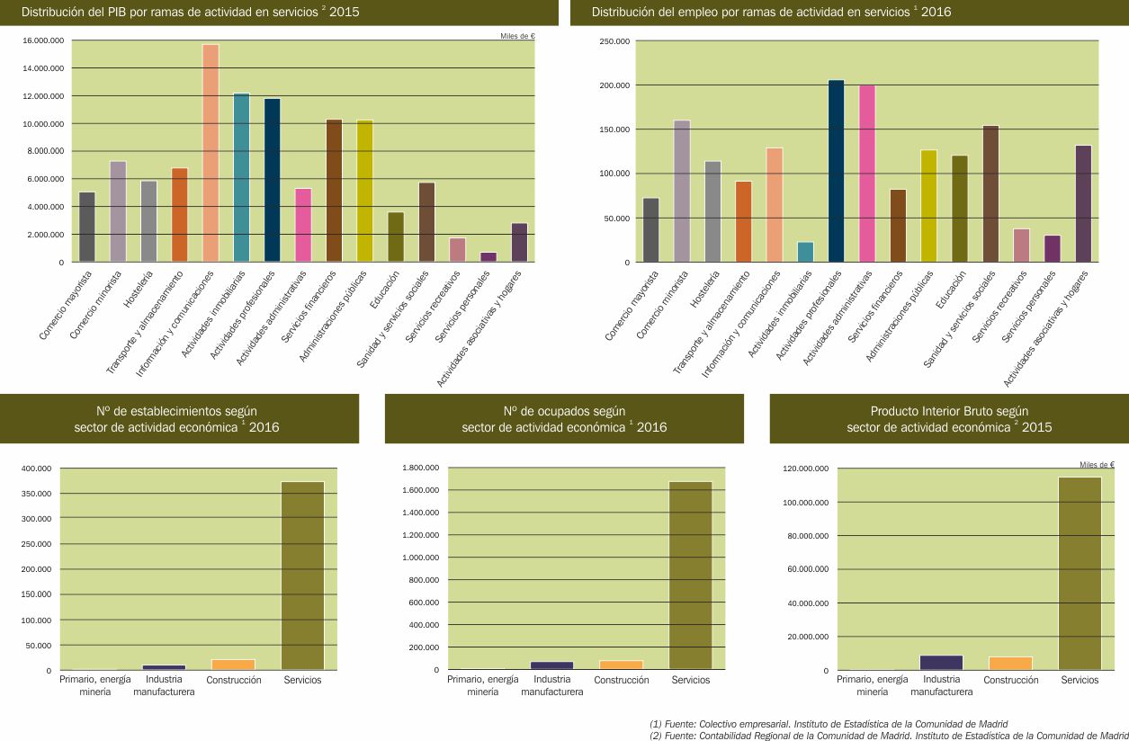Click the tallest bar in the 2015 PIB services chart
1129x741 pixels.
click(x=211, y=153)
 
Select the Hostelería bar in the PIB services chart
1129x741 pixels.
click(x=148, y=221)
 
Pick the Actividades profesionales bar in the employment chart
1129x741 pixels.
click(x=836, y=171)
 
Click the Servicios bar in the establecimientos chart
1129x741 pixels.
click(x=302, y=576)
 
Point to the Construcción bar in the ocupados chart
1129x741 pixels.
click(x=621, y=665)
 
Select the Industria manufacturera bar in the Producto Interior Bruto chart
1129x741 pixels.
click(x=941, y=662)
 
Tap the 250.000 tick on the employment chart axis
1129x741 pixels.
click(x=614, y=41)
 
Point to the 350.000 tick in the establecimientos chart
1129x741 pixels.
click(x=36, y=494)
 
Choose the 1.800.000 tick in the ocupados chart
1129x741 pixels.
click(x=418, y=469)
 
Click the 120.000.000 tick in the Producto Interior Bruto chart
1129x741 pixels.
click(x=803, y=469)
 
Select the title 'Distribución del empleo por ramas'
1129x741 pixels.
click(x=772, y=13)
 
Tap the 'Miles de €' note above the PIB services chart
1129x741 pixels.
click(x=517, y=36)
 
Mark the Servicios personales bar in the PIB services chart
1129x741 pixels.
click(x=488, y=256)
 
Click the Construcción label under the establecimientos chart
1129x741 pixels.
click(x=233, y=680)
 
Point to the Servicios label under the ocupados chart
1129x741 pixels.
click(x=690, y=680)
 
